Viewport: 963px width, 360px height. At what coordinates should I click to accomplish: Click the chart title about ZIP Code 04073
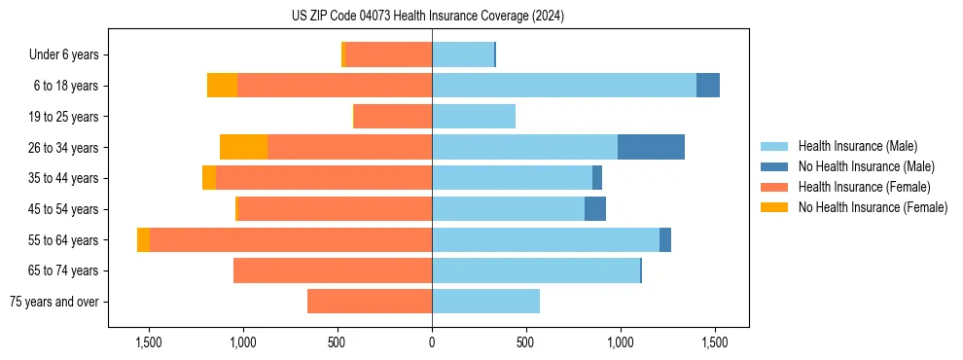tap(428, 17)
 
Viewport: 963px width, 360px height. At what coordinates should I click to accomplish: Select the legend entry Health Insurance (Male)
tap(857, 146)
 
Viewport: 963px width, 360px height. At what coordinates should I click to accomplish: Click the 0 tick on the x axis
tap(432, 342)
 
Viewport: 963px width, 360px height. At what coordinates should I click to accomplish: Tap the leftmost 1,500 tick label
tap(149, 342)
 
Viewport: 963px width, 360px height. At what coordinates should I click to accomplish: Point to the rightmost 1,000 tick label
tap(621, 342)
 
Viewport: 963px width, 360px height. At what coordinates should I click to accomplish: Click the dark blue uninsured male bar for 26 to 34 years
tap(651, 147)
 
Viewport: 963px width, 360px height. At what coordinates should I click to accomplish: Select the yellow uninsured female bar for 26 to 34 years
tap(244, 147)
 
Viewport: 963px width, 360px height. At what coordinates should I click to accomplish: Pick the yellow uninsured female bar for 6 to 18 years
tap(223, 86)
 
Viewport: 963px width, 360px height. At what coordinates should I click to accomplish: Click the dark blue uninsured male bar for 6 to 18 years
tap(708, 86)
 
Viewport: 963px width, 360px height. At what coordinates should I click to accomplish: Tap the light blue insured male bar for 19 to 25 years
tap(474, 117)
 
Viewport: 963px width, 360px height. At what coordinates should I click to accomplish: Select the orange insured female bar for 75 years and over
tap(370, 302)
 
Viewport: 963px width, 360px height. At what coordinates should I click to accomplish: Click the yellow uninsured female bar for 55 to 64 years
tap(144, 239)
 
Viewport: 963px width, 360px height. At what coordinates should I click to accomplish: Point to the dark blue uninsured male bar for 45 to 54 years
tap(595, 209)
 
